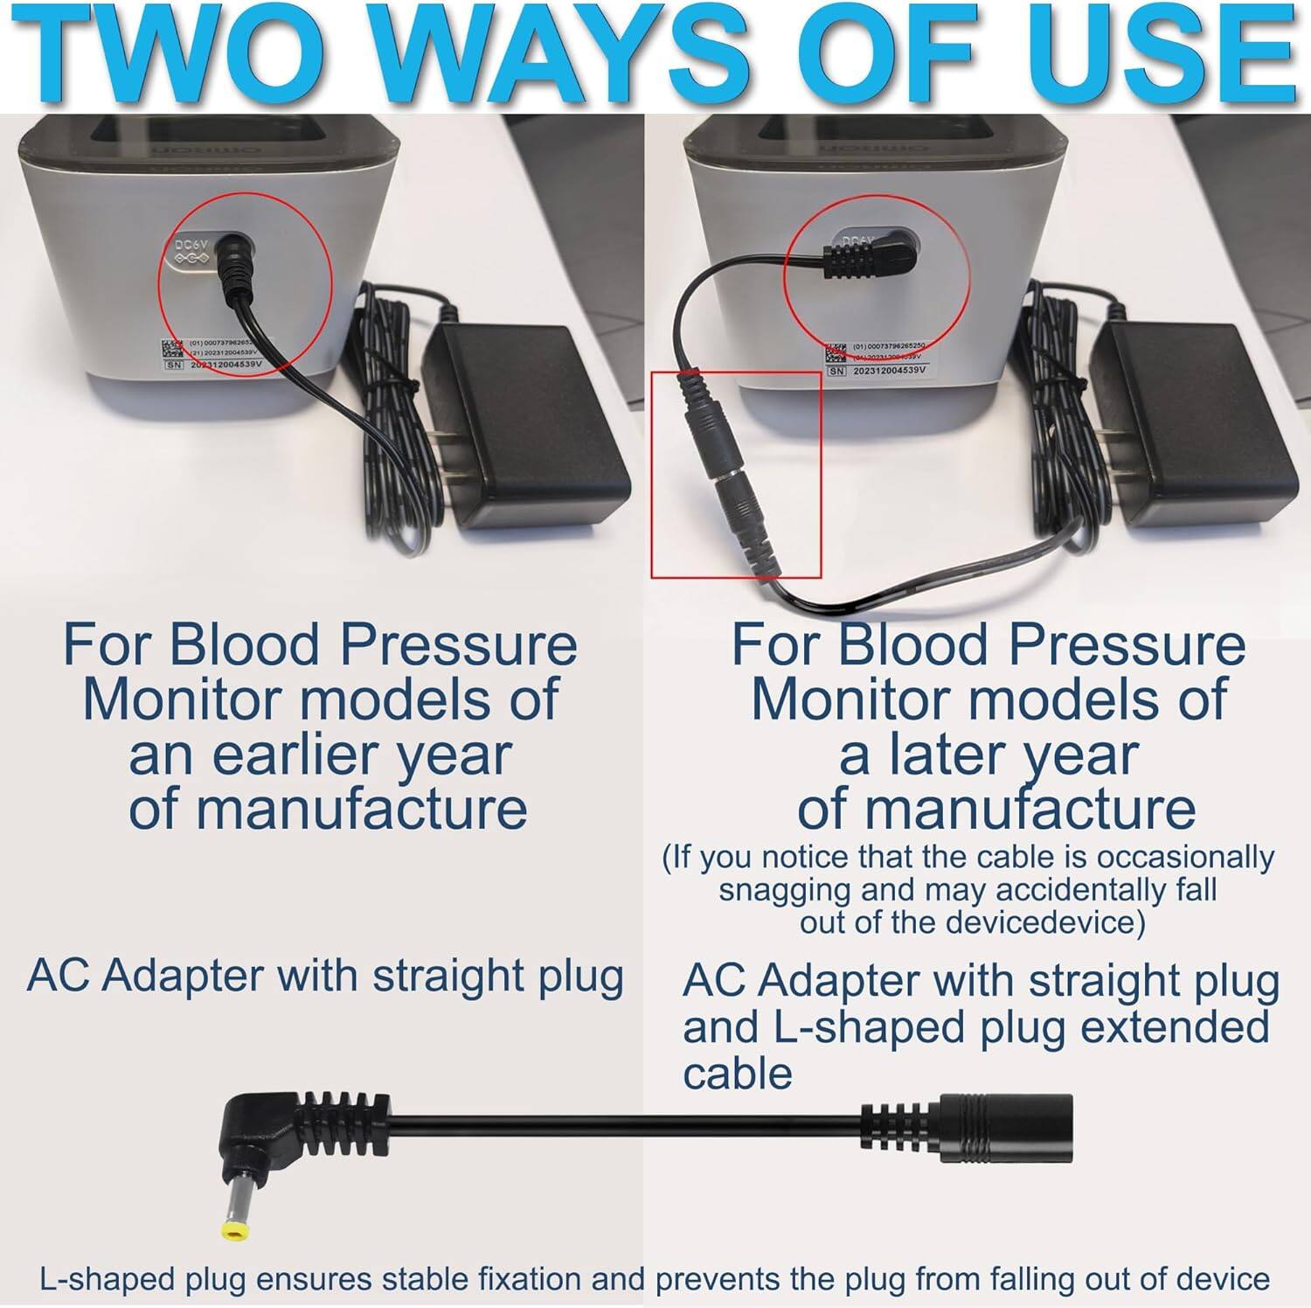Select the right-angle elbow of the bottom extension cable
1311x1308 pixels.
[253, 1128]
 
